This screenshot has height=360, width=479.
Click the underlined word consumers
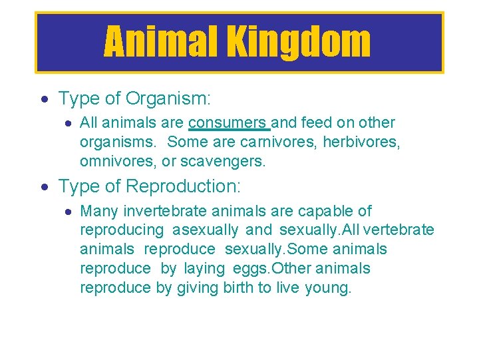(228, 122)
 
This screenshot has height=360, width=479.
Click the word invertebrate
(166, 211)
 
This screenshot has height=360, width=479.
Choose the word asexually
(205, 230)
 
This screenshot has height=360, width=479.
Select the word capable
(325, 211)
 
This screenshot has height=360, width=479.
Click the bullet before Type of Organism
(45, 100)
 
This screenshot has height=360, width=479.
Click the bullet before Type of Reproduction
(45, 188)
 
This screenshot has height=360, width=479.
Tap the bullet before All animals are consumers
(68, 123)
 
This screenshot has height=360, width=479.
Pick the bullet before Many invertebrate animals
(68, 212)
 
